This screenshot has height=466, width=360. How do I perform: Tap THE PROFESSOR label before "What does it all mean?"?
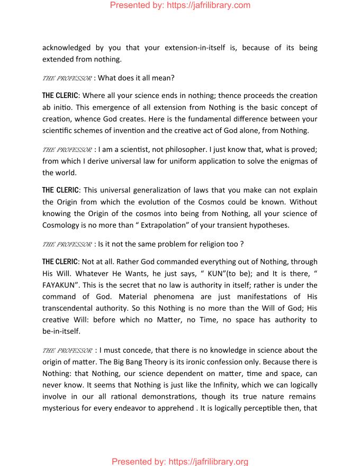[66, 78]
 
